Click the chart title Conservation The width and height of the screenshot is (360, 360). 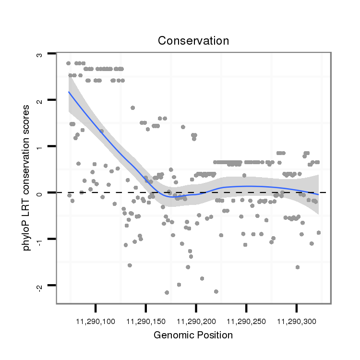(193, 41)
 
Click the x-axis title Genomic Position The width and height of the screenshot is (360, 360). (193, 335)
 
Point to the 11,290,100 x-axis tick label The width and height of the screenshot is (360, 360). (96, 320)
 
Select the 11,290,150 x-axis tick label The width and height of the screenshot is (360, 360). (146, 320)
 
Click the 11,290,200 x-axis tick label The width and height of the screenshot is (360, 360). (196, 320)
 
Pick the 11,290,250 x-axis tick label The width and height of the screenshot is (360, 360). (246, 320)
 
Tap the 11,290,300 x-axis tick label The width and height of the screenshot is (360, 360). (296, 320)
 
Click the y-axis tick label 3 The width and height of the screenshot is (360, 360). (40, 54)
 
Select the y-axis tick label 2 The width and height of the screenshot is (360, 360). (40, 100)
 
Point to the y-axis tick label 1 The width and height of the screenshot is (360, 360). (40, 146)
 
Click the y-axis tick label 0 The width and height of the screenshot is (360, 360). (40, 192)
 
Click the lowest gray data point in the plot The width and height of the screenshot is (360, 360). (167, 292)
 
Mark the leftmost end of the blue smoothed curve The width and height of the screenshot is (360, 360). (69, 92)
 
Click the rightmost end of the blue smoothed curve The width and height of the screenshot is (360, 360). (318, 194)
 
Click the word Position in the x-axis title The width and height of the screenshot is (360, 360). (216, 335)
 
